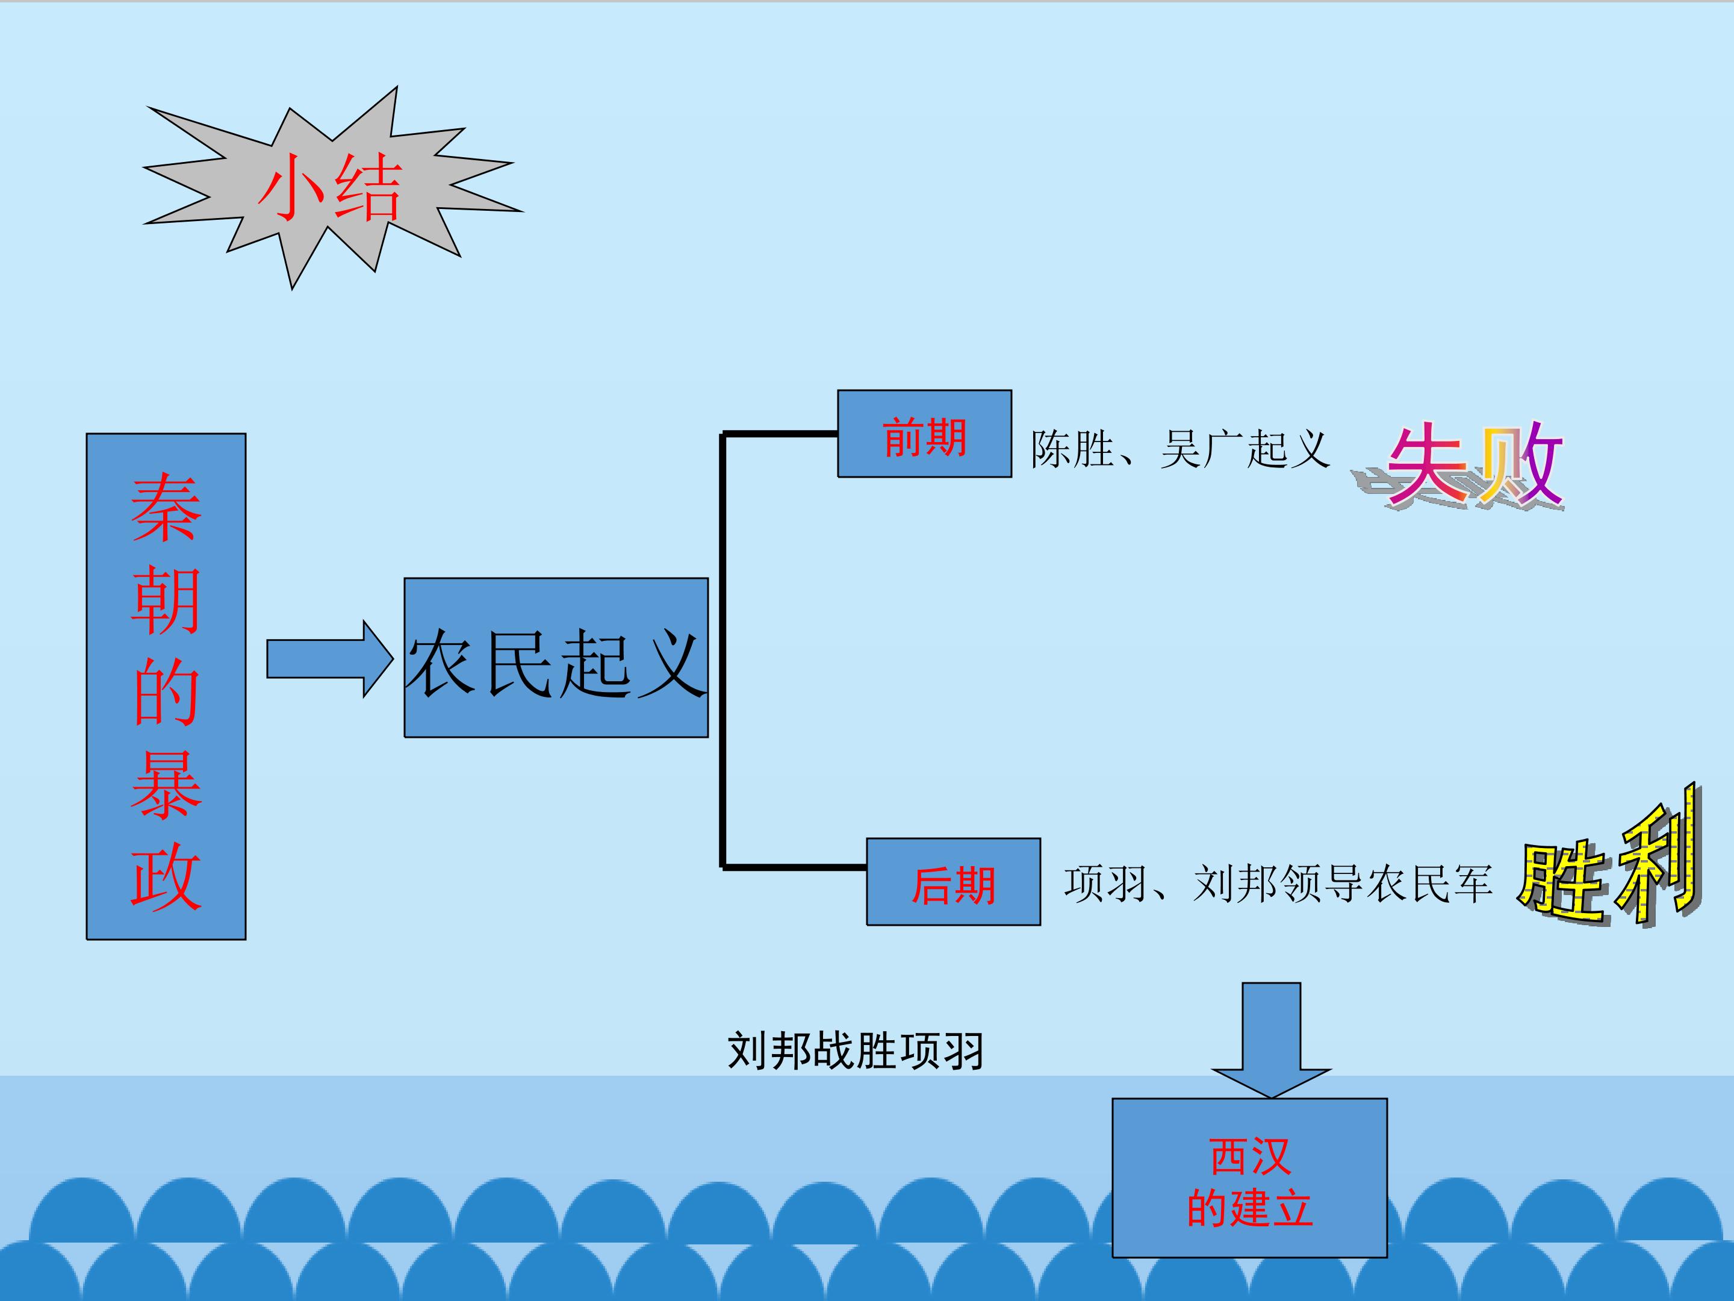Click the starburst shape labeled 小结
coord(329,188)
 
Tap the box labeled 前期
coord(924,434)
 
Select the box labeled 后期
coord(953,882)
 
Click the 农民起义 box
coord(556,658)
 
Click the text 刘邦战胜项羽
coord(855,1051)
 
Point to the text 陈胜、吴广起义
coord(1179,450)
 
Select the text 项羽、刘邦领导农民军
coord(1278,884)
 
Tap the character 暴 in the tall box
coord(166,786)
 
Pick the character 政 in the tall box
coord(166,877)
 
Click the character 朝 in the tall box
coord(166,602)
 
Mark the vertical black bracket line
coord(722,651)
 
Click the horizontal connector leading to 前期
coord(780,433)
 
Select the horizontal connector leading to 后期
coord(794,867)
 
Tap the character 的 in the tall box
coord(166,693)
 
